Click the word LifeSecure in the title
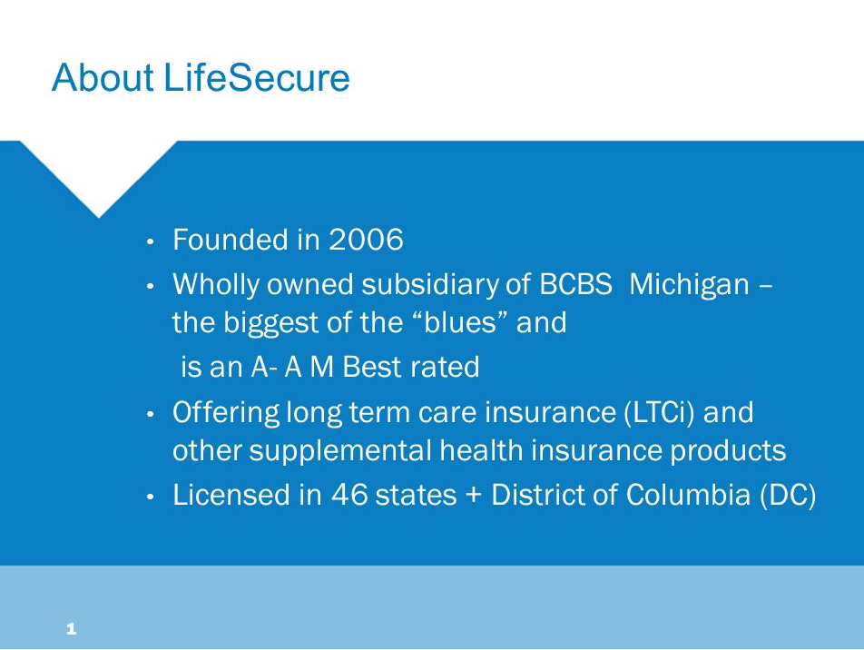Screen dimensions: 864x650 click(256, 77)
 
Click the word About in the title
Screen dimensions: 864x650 click(103, 77)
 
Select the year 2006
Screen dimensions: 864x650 click(366, 240)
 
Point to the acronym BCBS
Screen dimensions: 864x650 click(575, 284)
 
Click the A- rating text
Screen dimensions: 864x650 click(263, 367)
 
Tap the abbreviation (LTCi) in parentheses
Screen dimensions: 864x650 click(660, 413)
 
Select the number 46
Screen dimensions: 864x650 click(349, 495)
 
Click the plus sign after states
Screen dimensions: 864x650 click(474, 495)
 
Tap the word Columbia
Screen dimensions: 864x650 click(688, 495)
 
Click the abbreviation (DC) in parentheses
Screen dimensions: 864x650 click(788, 495)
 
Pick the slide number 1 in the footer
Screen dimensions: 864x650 click(71, 628)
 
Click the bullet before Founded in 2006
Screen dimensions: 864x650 click(150, 242)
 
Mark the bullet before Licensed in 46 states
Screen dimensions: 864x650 click(150, 497)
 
